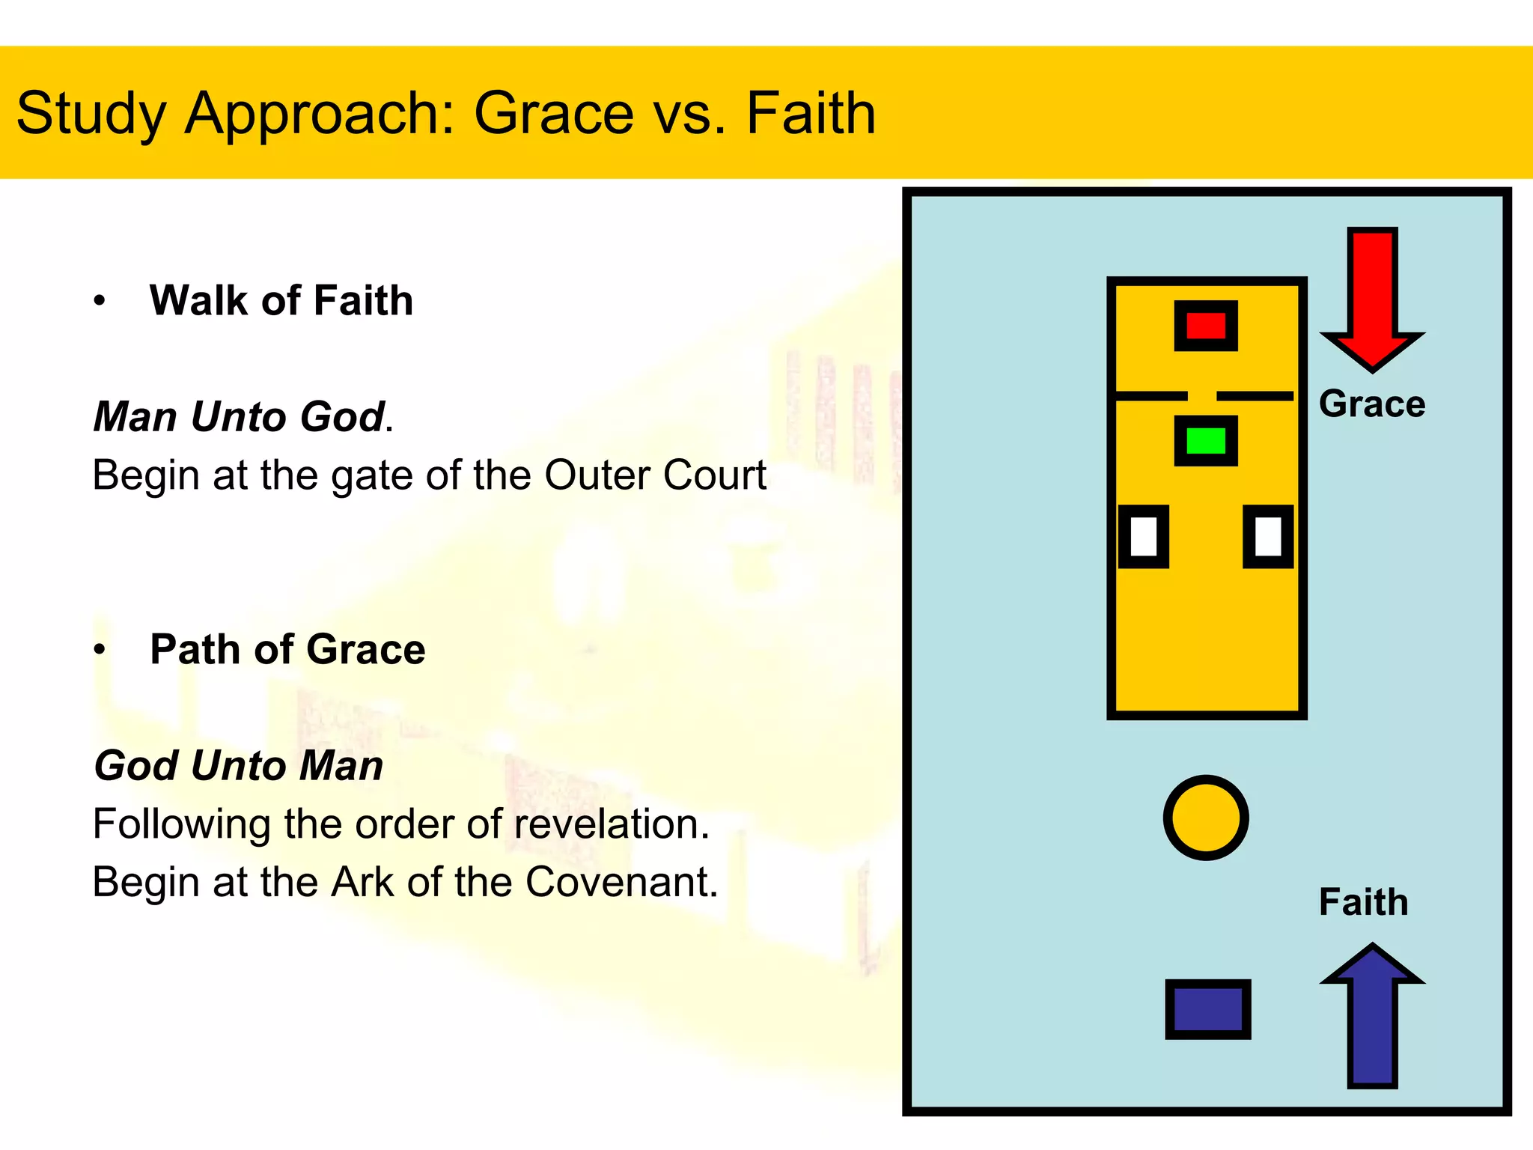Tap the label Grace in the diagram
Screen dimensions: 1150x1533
[1372, 404]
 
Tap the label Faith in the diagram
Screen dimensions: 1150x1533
[1363, 902]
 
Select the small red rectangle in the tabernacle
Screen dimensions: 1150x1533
[1206, 326]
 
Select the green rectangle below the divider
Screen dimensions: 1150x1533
[1206, 441]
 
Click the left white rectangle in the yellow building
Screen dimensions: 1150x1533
[1144, 536]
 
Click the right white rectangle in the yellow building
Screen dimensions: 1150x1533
[1268, 536]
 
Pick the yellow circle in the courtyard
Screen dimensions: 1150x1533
[1206, 818]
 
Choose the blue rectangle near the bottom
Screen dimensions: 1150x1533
[1207, 1009]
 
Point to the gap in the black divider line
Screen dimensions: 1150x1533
[1202, 395]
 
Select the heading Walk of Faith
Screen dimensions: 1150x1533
[281, 301]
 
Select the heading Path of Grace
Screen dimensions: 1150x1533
[287, 649]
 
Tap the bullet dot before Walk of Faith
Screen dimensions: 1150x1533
[100, 302]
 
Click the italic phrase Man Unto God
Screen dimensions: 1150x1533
[239, 417]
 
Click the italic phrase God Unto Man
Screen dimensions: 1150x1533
[239, 766]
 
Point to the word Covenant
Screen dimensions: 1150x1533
[621, 882]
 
